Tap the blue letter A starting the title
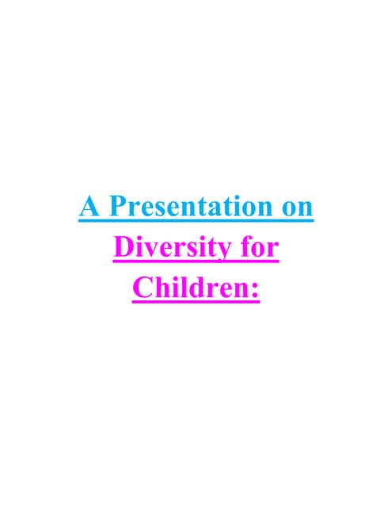pyautogui.click(x=89, y=208)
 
